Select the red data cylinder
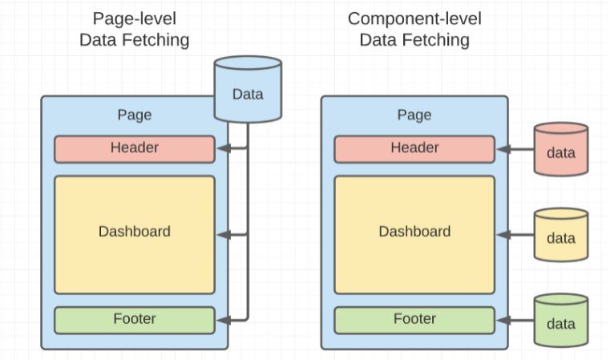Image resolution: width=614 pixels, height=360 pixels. click(x=560, y=149)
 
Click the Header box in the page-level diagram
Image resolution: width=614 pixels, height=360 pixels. click(x=135, y=148)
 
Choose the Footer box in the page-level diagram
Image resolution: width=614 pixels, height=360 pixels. click(x=135, y=319)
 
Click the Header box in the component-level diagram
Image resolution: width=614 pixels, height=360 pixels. click(x=414, y=148)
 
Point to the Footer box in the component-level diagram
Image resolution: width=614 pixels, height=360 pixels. click(x=414, y=319)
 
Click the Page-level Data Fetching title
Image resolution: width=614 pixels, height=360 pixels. click(x=134, y=29)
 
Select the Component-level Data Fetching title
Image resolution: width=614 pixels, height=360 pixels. click(x=414, y=29)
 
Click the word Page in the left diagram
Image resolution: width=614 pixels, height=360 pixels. click(x=134, y=115)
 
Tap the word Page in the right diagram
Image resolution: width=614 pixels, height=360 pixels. click(x=414, y=115)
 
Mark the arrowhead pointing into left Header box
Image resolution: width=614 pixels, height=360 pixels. click(x=223, y=148)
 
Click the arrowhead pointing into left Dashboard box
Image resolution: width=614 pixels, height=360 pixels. click(x=223, y=234)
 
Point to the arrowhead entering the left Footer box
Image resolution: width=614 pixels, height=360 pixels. click(x=223, y=320)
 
